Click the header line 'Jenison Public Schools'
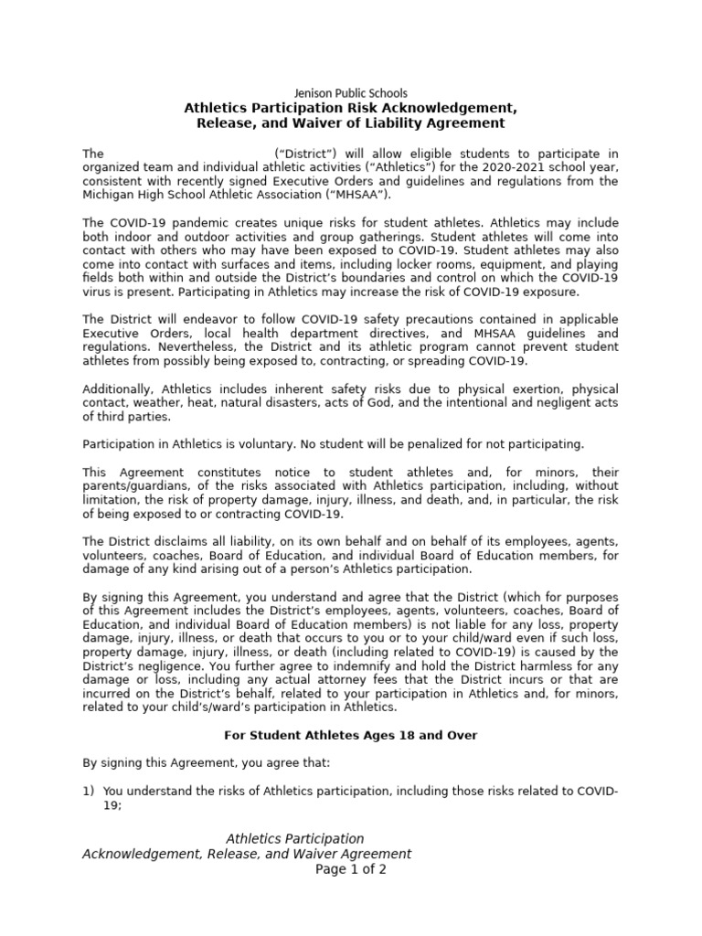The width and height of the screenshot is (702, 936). click(x=350, y=93)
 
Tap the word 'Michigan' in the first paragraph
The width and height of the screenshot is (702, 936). click(x=107, y=195)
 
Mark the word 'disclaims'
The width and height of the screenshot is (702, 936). click(x=187, y=542)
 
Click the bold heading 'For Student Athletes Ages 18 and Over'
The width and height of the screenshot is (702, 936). click(x=351, y=736)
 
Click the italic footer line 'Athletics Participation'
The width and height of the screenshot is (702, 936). click(x=294, y=839)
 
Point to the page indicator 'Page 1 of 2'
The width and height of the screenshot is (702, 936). click(x=351, y=869)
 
